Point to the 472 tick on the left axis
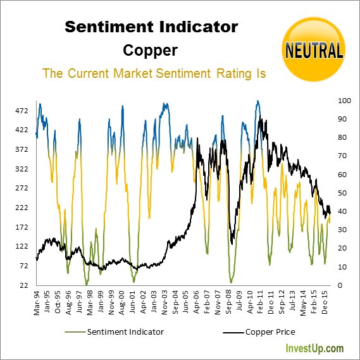click(22, 111)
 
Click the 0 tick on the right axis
click(340, 285)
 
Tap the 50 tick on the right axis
click(342, 193)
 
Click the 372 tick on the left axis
click(22, 149)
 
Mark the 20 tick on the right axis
click(342, 249)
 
